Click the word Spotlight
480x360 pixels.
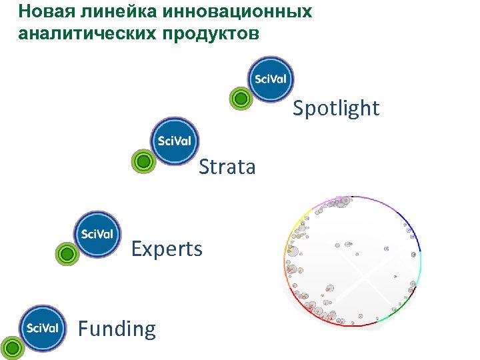(x=336, y=108)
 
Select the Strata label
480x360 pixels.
(x=227, y=167)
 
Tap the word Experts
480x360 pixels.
(x=167, y=249)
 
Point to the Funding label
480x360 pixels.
(x=117, y=329)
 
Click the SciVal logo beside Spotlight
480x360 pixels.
(x=271, y=79)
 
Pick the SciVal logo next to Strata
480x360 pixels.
(x=174, y=141)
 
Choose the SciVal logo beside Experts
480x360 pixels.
(x=97, y=234)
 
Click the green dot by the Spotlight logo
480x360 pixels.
(x=241, y=99)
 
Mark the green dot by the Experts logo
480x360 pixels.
(x=66, y=253)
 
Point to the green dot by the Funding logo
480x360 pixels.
(x=11, y=347)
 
